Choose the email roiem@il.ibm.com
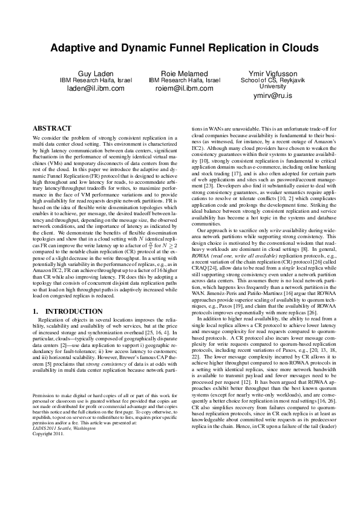coord(184,88)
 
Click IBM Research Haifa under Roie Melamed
coord(184,80)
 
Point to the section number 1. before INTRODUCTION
coord(34,311)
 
